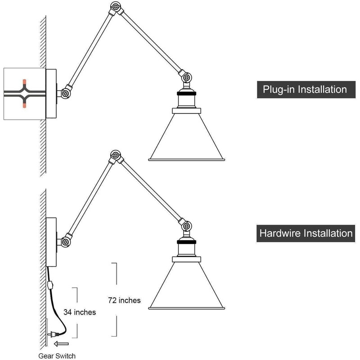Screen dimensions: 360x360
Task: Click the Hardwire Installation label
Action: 306,233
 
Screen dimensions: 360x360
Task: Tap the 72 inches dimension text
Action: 125,300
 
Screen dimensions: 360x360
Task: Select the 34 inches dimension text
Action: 80,312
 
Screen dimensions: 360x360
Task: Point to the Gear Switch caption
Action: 57,356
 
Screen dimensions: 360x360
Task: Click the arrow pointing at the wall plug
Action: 61,344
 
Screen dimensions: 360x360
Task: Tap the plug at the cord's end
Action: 52,335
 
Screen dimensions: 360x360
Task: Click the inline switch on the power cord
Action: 50,285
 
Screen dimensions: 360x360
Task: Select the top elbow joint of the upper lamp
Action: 116,7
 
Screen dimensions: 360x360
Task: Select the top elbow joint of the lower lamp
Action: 116,156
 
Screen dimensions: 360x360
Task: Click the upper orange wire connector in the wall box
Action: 24,82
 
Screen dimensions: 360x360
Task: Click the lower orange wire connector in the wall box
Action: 24,105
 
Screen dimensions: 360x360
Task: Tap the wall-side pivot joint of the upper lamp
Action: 65,93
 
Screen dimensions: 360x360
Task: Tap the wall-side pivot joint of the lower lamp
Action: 65,242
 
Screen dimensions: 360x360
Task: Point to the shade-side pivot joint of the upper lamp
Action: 186,77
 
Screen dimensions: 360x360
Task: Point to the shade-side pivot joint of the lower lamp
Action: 186,226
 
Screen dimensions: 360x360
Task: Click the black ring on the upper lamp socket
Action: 187,94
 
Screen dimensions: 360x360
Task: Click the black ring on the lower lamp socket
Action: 187,242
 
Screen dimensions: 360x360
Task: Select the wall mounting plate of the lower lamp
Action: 51,242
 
